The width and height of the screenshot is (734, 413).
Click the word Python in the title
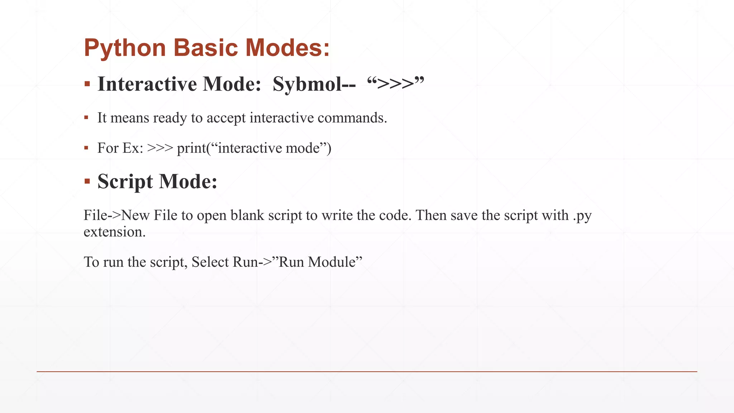[125, 48]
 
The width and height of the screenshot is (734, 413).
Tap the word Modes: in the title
[287, 48]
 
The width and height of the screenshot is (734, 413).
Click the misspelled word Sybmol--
[314, 84]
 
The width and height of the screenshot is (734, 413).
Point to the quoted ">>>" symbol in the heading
[395, 84]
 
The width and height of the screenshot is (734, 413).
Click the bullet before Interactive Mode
[87, 84]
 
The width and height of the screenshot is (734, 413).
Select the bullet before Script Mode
[87, 181]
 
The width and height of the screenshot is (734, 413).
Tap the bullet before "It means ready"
[86, 118]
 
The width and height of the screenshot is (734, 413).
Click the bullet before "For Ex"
[86, 148]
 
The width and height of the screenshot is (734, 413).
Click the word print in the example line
[191, 148]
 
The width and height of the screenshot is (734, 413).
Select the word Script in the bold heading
[125, 181]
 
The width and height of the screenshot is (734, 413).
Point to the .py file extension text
[582, 216]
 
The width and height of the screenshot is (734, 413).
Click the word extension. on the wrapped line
[115, 232]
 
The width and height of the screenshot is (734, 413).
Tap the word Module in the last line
[331, 262]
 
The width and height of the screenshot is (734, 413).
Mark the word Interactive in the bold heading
[147, 84]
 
